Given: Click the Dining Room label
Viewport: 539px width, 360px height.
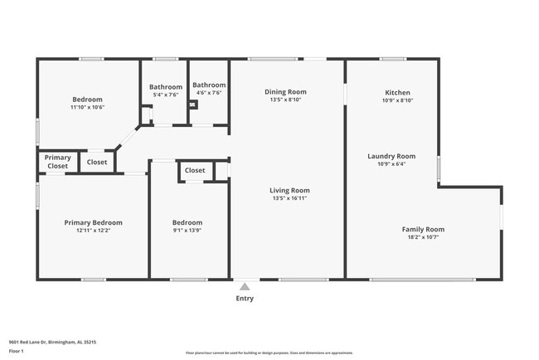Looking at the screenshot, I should (286, 92).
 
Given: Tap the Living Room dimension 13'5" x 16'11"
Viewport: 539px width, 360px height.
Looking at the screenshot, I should (289, 198).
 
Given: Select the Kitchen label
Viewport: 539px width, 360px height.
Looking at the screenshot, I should (397, 92).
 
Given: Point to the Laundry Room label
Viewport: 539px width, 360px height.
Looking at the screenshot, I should (391, 156).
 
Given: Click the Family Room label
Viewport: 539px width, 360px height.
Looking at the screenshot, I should (423, 229).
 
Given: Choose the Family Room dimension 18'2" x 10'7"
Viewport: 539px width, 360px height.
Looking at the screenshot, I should (423, 237).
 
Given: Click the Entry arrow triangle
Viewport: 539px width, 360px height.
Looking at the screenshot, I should (245, 286).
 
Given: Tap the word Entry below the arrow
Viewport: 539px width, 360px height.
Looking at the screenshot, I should (245, 299).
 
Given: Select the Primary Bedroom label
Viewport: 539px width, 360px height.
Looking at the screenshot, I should (94, 222).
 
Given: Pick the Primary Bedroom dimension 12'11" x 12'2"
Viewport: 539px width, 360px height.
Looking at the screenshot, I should (94, 231).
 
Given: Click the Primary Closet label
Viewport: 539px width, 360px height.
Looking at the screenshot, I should (57, 162).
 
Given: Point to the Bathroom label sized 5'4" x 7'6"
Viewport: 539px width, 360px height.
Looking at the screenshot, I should (165, 87).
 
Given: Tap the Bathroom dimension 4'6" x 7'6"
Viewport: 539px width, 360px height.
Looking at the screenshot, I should (209, 93).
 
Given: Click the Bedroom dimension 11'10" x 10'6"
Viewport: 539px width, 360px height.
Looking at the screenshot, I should (87, 107).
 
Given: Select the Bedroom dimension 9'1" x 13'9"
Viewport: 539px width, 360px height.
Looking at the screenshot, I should (187, 231).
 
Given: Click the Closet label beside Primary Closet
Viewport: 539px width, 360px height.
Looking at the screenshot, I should (97, 162).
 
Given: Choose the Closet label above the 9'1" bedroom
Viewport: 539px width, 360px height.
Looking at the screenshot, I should (195, 170).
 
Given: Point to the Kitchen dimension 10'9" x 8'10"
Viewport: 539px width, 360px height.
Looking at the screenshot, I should (397, 100).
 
